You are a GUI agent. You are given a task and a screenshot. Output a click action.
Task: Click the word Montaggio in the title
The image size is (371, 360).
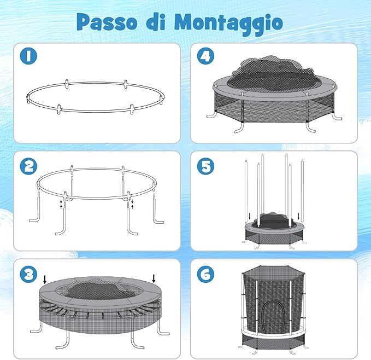pos(228,22)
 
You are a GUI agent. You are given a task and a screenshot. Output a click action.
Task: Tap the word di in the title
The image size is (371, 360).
pos(155,22)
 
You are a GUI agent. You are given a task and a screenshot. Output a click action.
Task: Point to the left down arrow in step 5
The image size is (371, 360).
pos(250,216)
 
